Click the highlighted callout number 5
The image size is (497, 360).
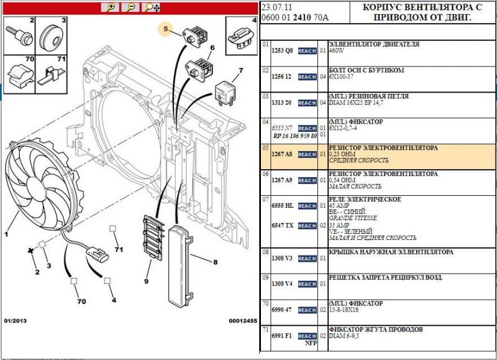(165, 29)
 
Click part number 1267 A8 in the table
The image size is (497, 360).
(282, 154)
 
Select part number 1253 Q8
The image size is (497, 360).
(282, 50)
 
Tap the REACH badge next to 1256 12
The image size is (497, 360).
(307, 77)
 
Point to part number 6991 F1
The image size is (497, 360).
(282, 336)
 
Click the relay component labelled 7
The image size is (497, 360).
(226, 91)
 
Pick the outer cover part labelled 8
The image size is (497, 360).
(187, 267)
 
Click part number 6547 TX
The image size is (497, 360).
(282, 225)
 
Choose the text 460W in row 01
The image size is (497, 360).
(336, 52)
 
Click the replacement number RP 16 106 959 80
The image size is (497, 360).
(294, 136)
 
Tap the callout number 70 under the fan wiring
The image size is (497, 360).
(81, 302)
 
